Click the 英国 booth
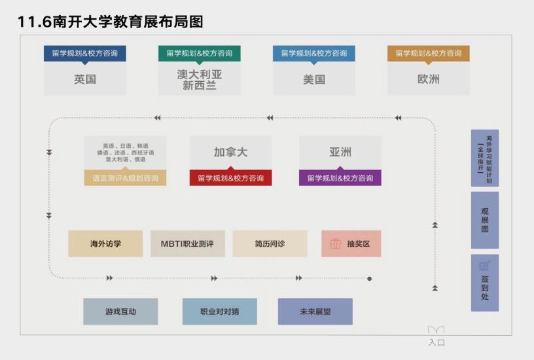(x=85, y=80)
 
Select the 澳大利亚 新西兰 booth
(x=199, y=80)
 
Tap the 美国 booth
(x=314, y=80)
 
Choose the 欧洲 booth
(x=428, y=80)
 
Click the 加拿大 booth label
(x=230, y=153)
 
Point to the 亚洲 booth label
(x=340, y=153)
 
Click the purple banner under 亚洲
(x=340, y=178)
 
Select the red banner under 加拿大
(x=230, y=178)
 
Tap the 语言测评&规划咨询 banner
(x=125, y=178)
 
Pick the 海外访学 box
(x=106, y=243)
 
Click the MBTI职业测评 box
(x=188, y=243)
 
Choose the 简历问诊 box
(x=270, y=243)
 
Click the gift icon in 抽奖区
(x=335, y=243)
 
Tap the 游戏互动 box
(x=120, y=312)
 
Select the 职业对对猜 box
(x=219, y=312)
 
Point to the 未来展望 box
(x=315, y=312)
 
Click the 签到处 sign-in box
(x=484, y=283)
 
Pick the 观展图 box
(x=484, y=220)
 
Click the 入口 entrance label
(x=436, y=342)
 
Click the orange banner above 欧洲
(x=428, y=53)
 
